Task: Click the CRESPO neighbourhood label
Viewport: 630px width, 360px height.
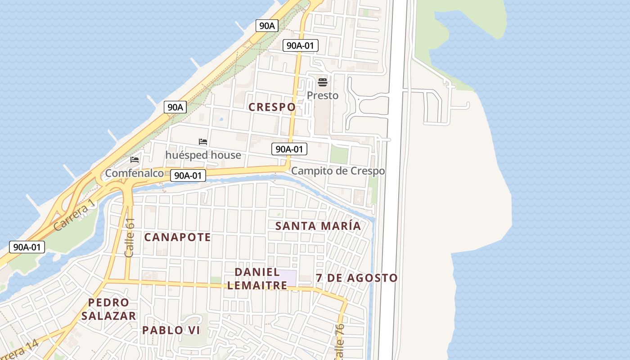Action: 272,107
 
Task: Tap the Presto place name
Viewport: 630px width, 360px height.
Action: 322,95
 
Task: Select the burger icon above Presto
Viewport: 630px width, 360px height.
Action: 323,82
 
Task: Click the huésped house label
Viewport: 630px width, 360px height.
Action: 203,155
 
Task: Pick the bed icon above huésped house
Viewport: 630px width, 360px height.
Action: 203,142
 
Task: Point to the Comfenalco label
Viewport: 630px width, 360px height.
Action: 134,173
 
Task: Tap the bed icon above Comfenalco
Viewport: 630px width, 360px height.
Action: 135,159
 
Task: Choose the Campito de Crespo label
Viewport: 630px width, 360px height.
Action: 338,171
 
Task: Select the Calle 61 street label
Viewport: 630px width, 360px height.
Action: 130,238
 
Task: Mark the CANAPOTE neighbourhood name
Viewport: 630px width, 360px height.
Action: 177,237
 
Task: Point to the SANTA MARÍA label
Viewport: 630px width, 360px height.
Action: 318,226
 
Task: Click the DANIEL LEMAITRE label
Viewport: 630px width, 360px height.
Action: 257,279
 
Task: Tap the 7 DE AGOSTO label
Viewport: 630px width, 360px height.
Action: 356,278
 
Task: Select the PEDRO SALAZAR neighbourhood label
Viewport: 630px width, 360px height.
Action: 108,309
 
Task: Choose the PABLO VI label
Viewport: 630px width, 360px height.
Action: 171,330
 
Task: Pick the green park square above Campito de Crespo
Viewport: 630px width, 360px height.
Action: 339,155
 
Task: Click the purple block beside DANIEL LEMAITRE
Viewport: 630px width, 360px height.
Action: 288,278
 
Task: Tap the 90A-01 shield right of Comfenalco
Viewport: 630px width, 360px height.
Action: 188,176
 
